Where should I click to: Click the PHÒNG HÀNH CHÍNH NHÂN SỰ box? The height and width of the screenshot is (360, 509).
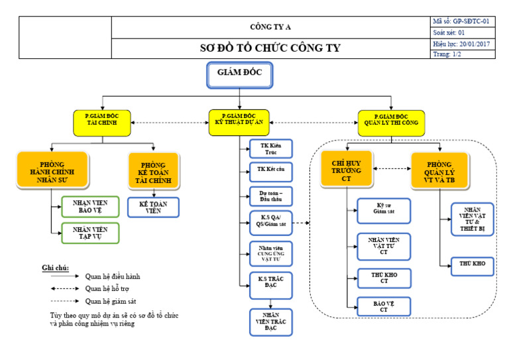coord(52,170)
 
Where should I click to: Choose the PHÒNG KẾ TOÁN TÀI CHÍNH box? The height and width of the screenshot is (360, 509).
coord(153,171)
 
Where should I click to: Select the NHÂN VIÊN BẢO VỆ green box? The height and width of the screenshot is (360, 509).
coord(90,208)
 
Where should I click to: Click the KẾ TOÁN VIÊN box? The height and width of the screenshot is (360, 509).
coord(153,206)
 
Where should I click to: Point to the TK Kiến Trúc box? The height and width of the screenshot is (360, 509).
coord(270,149)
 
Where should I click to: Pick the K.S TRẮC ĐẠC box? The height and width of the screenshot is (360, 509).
coord(270,283)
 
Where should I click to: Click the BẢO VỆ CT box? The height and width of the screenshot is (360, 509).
coord(384,306)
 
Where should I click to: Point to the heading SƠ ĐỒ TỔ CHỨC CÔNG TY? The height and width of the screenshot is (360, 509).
coord(270,48)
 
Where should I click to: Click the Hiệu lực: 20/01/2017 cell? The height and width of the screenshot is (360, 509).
coord(463,44)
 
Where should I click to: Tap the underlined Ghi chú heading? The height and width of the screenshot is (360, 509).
coord(56,267)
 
